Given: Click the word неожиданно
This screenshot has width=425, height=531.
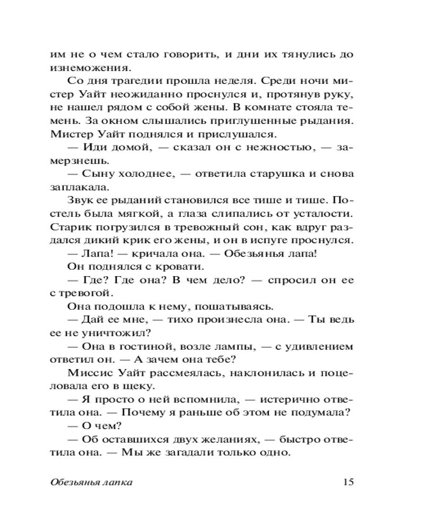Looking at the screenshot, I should click(x=170, y=95).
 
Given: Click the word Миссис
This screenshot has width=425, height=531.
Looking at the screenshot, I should click(x=87, y=372).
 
